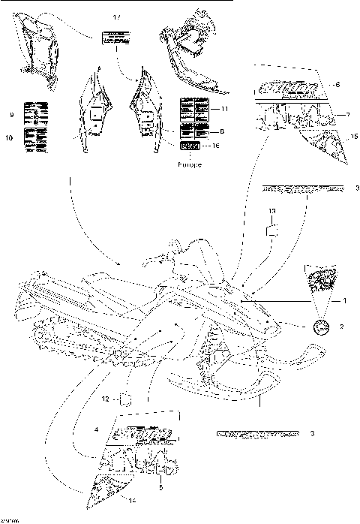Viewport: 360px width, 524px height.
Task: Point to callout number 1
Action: click(346, 300)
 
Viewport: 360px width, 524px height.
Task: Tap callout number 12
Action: click(106, 398)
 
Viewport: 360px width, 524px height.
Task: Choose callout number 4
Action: click(96, 429)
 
